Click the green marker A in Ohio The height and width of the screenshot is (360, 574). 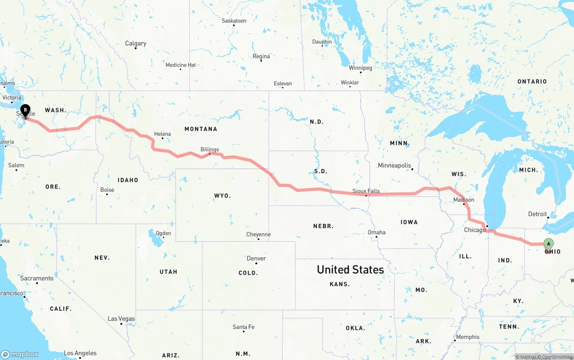pyautogui.click(x=548, y=244)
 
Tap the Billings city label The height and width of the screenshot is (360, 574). pyautogui.click(x=209, y=149)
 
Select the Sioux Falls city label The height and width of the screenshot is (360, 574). pyautogui.click(x=366, y=191)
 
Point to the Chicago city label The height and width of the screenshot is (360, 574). pyautogui.click(x=475, y=230)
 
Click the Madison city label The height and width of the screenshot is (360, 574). pyautogui.click(x=464, y=200)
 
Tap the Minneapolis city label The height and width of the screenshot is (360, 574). pyautogui.click(x=394, y=165)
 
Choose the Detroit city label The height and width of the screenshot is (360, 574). pyautogui.click(x=537, y=214)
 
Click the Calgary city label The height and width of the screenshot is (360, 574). pyautogui.click(x=135, y=43)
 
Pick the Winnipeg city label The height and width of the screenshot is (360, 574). pyautogui.click(x=361, y=68)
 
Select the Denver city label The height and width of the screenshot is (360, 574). pyautogui.click(x=256, y=258)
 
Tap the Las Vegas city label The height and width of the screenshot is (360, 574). pyautogui.click(x=121, y=319)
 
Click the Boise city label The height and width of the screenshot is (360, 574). pyautogui.click(x=107, y=190)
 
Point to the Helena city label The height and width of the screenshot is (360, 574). pyautogui.click(x=162, y=134)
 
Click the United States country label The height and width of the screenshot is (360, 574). pyautogui.click(x=350, y=269)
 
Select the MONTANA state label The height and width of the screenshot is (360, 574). pyautogui.click(x=200, y=129)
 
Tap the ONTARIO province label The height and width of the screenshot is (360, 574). pyautogui.click(x=532, y=81)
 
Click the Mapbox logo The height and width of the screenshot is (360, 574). pyautogui.click(x=20, y=354)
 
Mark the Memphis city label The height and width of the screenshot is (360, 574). pyautogui.click(x=468, y=337)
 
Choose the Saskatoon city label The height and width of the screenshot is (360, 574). pyautogui.click(x=234, y=21)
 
